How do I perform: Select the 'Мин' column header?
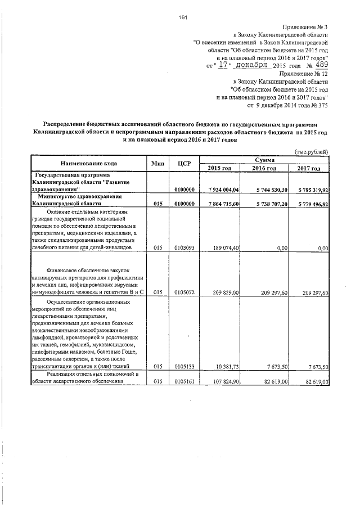click(157, 164)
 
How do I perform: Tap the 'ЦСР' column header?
click(184, 164)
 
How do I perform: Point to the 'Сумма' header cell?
click(264, 160)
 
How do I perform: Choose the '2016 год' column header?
click(264, 169)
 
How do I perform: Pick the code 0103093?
click(185, 247)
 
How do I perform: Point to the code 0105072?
click(185, 292)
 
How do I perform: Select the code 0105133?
click(185, 367)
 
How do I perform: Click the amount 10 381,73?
click(229, 367)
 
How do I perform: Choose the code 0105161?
click(185, 382)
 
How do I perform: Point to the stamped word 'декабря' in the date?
click(243, 65)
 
